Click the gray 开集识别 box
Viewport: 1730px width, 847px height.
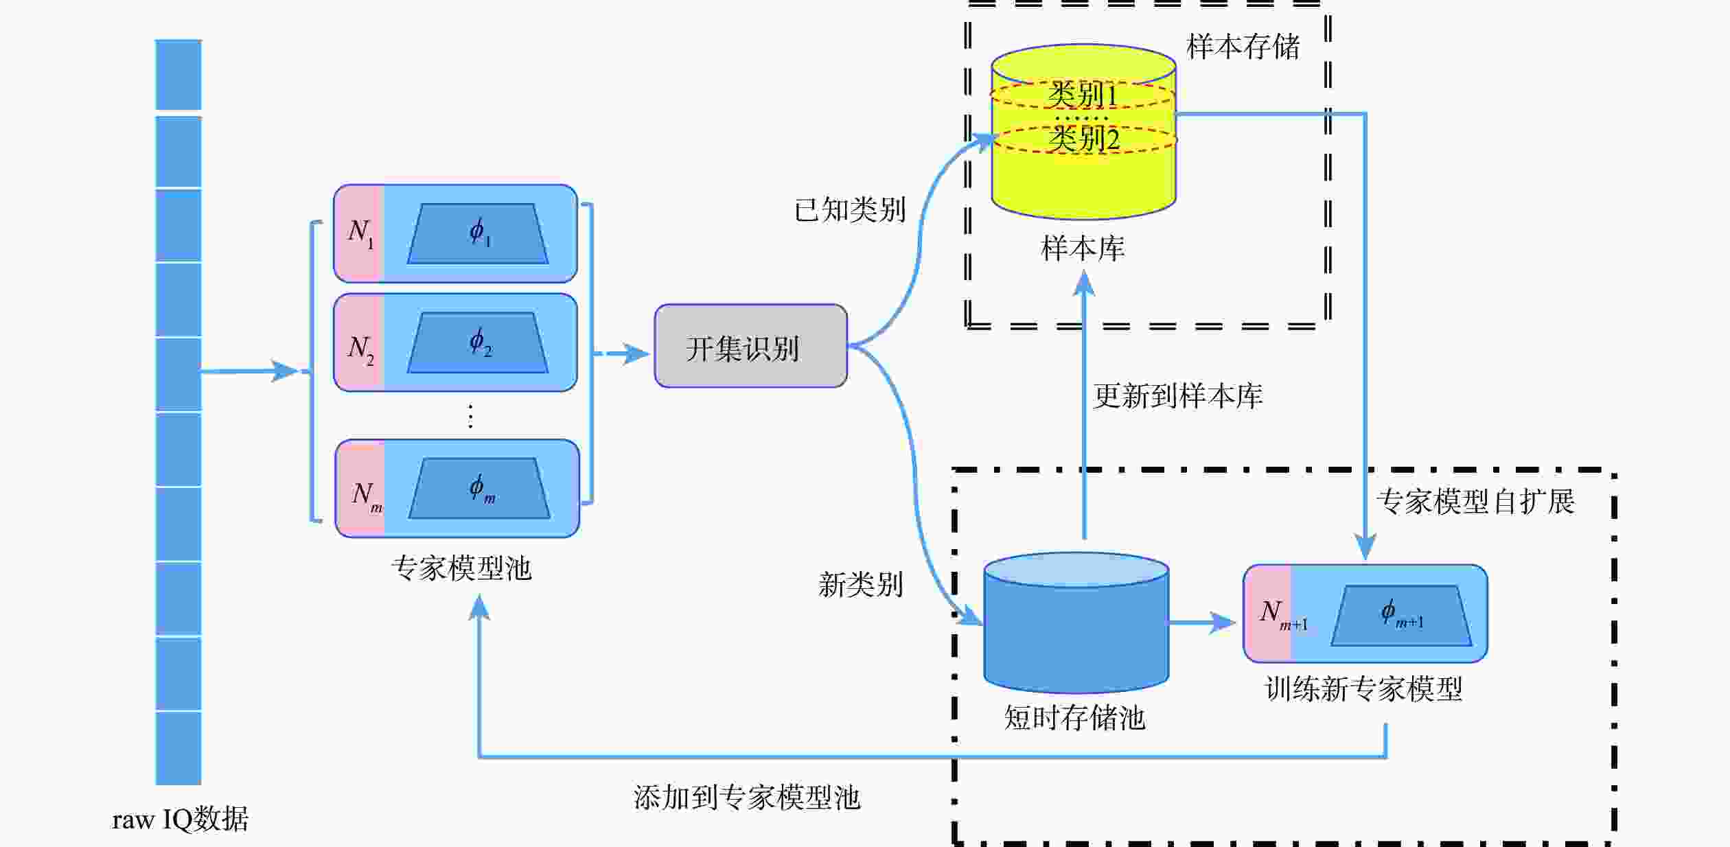click(750, 346)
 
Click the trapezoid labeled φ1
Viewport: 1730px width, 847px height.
click(478, 233)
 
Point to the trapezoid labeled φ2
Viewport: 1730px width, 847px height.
click(478, 343)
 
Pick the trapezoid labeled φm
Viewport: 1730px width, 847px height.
click(479, 488)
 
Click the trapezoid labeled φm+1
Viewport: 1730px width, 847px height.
click(1401, 615)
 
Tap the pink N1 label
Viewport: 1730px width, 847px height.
click(360, 233)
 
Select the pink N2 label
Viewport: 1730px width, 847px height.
click(360, 349)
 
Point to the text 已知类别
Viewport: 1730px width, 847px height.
click(850, 210)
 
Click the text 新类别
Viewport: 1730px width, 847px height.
click(860, 585)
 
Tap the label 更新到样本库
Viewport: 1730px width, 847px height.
click(1177, 396)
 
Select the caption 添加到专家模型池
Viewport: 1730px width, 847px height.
click(746, 798)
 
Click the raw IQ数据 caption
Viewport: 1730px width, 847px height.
click(180, 820)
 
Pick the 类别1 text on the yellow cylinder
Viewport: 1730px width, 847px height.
click(1082, 95)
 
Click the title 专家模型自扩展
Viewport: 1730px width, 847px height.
click(1475, 502)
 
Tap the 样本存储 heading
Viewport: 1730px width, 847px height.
click(1243, 47)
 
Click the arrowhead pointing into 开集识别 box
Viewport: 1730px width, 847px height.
click(637, 354)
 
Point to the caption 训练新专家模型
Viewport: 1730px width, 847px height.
click(1363, 689)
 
